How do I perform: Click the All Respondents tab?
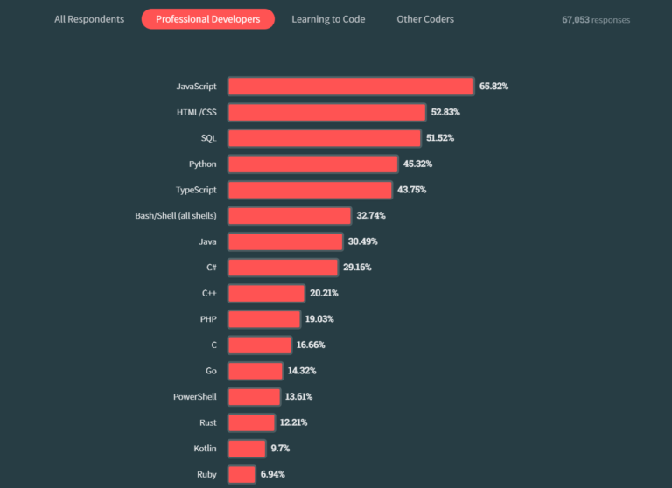[x=89, y=19]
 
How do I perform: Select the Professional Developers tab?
[x=207, y=19]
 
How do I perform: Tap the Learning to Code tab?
[x=328, y=19]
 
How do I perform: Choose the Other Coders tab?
[x=425, y=19]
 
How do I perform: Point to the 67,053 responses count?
[x=595, y=19]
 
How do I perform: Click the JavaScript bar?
[x=351, y=86]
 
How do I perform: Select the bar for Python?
[x=313, y=164]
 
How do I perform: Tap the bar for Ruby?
[x=241, y=474]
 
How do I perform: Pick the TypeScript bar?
[x=310, y=190]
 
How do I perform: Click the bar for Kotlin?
[x=247, y=449]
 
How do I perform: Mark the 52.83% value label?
[x=445, y=112]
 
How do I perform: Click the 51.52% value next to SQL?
[x=440, y=138]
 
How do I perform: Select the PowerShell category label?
[x=195, y=396]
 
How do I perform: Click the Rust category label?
[x=207, y=422]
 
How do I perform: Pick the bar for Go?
[x=255, y=371]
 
